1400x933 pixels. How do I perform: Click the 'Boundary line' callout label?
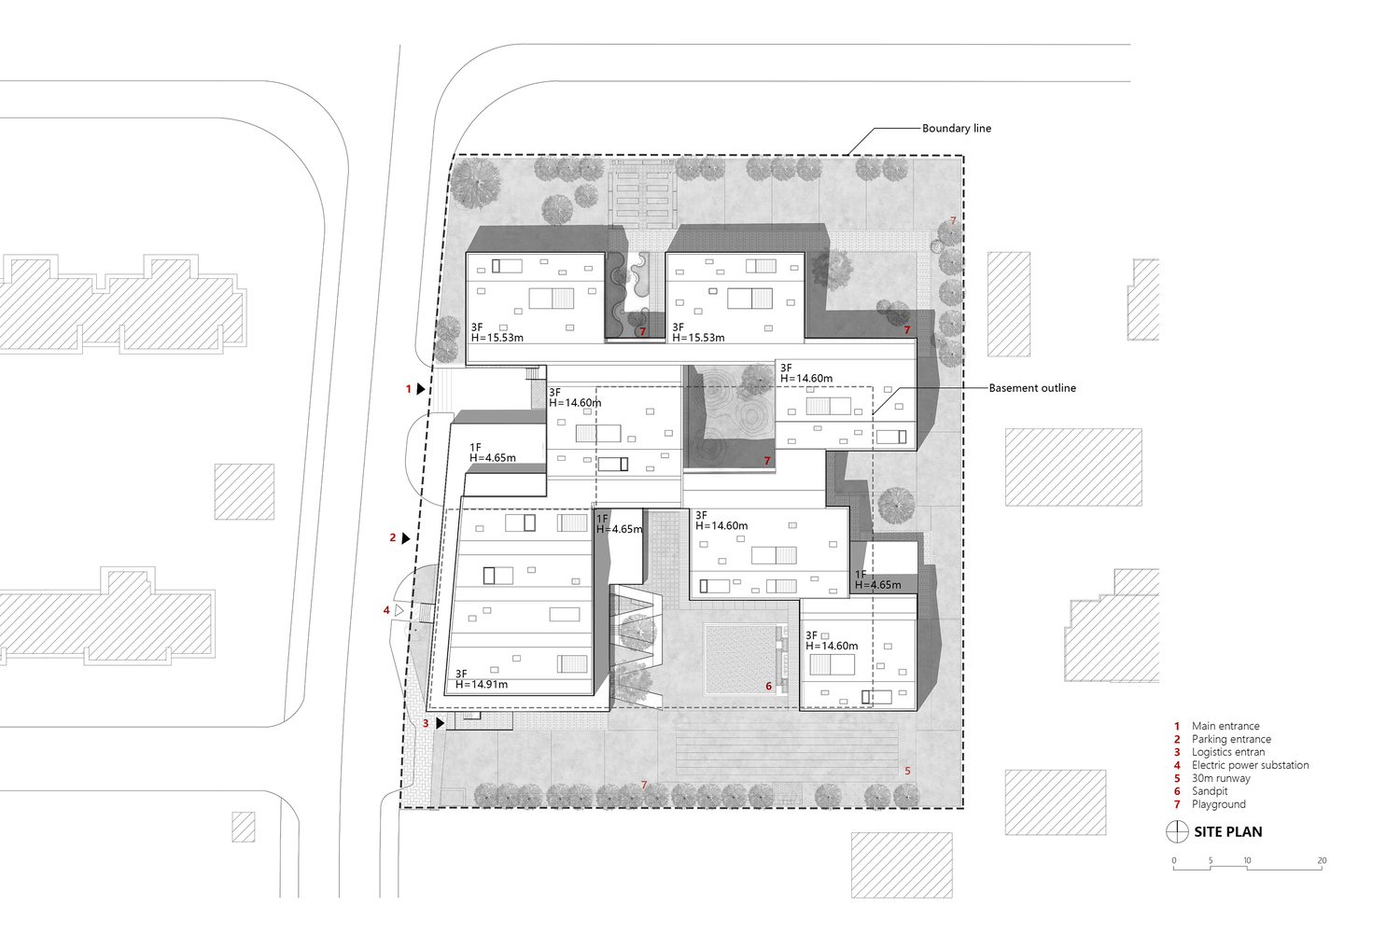tap(956, 129)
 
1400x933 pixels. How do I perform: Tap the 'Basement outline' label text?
tap(1031, 388)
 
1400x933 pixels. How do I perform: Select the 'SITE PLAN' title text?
tap(1227, 832)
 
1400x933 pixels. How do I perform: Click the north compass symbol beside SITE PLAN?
tap(1177, 831)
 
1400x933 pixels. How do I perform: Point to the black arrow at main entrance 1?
tap(421, 389)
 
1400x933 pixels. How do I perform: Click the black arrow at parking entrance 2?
tap(406, 538)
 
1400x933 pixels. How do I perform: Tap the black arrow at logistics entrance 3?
tap(441, 723)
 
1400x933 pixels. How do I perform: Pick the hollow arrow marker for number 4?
tap(399, 610)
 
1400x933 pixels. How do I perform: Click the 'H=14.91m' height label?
tap(482, 685)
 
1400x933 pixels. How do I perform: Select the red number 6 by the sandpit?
tap(769, 687)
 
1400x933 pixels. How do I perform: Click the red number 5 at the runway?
tap(907, 772)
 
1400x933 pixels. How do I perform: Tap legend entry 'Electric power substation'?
tap(1250, 765)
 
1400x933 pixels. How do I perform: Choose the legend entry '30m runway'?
tap(1221, 778)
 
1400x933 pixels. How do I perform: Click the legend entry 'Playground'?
tap(1218, 804)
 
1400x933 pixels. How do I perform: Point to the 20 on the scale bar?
tap(1322, 860)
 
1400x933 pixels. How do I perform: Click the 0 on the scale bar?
tap(1174, 860)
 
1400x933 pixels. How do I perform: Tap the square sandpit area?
tap(739, 659)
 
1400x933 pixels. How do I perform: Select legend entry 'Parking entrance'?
tap(1231, 739)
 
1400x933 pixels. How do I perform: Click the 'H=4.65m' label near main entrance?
tap(493, 458)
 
